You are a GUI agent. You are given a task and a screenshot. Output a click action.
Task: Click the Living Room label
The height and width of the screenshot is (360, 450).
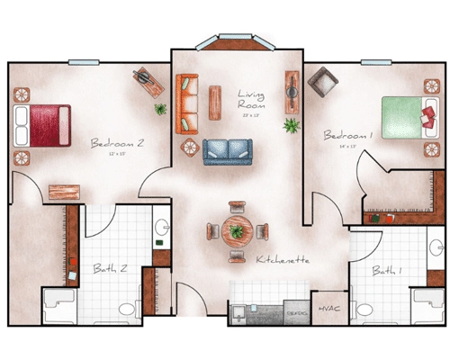click(x=250, y=99)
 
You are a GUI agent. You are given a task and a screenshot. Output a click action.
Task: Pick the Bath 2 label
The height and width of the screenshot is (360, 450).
click(x=110, y=267)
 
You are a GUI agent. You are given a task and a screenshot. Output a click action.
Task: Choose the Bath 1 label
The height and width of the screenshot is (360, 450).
click(x=384, y=270)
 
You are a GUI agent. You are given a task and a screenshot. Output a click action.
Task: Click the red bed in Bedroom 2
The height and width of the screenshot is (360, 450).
click(x=42, y=123)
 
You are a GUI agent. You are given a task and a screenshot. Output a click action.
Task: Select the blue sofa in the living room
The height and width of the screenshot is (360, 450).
click(x=227, y=150)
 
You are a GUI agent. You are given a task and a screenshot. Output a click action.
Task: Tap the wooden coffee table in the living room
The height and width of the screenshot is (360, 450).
click(x=214, y=101)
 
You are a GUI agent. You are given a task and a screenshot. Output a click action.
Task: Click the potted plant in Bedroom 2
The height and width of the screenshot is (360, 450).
click(x=160, y=109)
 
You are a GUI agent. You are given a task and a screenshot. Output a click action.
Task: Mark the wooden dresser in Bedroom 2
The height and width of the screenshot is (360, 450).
click(x=64, y=192)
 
